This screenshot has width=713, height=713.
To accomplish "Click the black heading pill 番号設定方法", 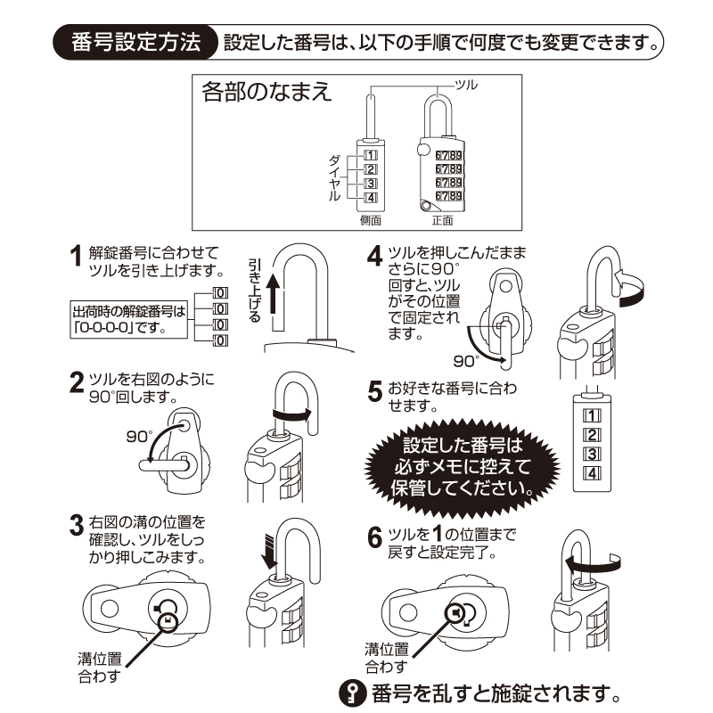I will tap(135, 42).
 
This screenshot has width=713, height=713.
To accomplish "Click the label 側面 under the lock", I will tap(371, 219).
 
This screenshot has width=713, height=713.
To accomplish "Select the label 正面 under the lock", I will tap(442, 219).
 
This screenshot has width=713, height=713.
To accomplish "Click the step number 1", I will tap(77, 259).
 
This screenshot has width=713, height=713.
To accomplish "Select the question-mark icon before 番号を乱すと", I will tap(354, 691).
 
